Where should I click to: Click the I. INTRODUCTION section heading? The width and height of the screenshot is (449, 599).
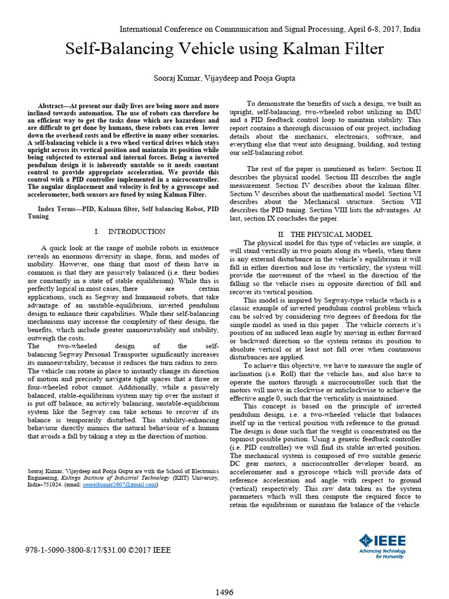(130, 232)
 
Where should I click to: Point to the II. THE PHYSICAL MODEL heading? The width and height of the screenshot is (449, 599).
(324, 234)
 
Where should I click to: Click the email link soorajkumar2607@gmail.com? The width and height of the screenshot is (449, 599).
(119, 484)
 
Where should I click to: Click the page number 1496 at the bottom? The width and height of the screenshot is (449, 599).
(224, 592)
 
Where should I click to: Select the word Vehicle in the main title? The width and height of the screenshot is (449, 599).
(223, 50)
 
